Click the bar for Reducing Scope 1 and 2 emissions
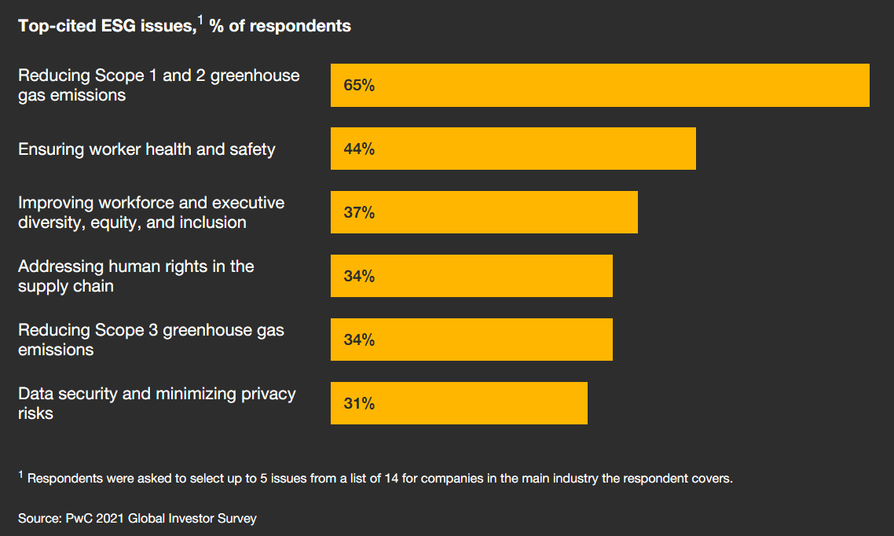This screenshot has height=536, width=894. (599, 85)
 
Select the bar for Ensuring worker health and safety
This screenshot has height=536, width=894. (513, 149)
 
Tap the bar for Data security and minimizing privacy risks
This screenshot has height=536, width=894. (459, 403)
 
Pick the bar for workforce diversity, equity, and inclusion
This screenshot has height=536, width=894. (484, 212)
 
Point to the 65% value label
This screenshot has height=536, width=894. (359, 86)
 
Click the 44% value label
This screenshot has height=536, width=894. (359, 149)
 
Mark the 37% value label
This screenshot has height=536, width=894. (359, 213)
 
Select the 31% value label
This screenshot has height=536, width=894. (359, 404)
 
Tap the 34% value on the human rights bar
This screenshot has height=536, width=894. (359, 277)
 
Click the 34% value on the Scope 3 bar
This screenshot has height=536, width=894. (359, 340)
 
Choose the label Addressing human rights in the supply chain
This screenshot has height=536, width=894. (136, 276)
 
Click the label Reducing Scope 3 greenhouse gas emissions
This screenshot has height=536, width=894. (151, 340)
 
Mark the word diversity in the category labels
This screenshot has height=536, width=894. (50, 222)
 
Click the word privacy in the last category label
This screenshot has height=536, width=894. (264, 394)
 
